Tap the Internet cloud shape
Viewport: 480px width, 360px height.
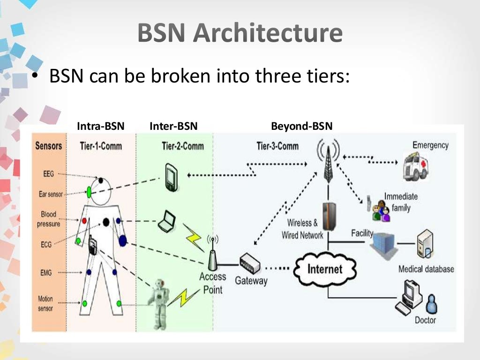325,269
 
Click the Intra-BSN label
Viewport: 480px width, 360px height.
101,126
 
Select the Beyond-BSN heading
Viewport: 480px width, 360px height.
302,126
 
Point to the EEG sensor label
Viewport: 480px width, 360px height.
48,174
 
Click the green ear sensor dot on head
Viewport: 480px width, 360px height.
89,191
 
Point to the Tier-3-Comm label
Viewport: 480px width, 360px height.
277,146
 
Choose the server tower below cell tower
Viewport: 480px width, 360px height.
329,216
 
